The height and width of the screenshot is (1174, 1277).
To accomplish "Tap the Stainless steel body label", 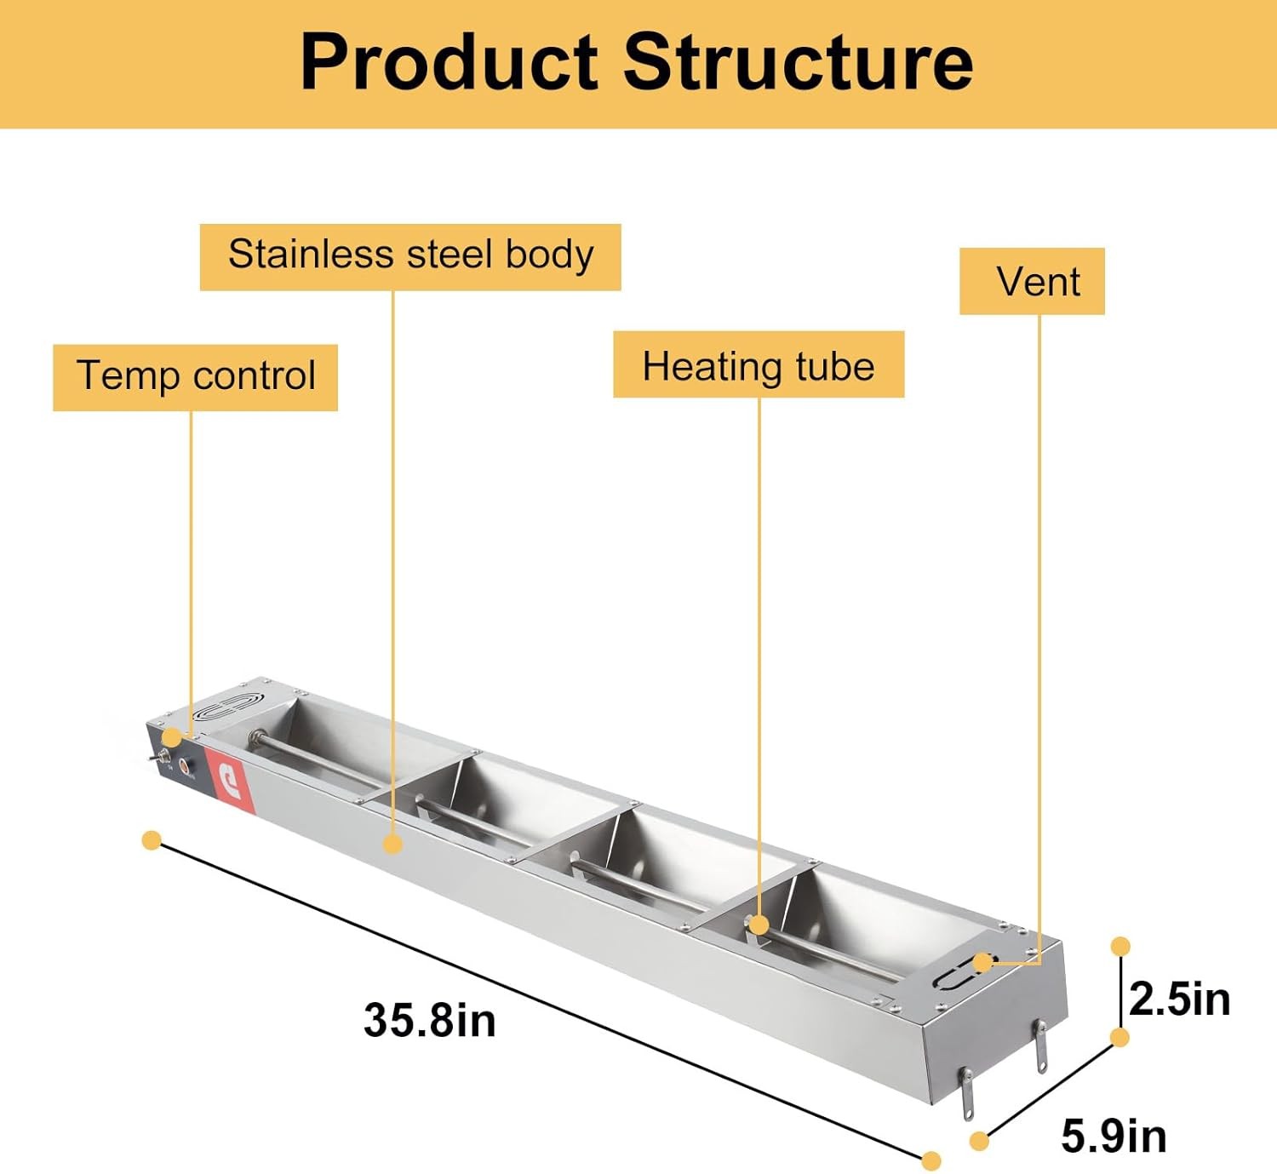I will coord(410,256).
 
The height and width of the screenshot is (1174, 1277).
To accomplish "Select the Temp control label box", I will coord(195,377).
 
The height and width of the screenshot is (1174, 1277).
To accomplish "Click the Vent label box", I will coord(1032,281).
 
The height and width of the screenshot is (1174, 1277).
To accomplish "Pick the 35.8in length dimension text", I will coord(429,1020).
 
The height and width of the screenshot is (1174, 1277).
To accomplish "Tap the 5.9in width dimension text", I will coord(1114,1136).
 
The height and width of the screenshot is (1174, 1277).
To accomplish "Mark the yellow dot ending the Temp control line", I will coord(173,737).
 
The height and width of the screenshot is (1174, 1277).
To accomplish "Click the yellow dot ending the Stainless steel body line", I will coord(392,844).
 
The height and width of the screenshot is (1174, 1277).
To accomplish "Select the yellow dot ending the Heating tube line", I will coord(759,925).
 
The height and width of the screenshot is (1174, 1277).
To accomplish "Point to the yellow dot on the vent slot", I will coord(982,963).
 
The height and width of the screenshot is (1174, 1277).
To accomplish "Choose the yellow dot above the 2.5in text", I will coord(1120,946).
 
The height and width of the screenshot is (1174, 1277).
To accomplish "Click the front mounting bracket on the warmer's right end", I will coord(967,1094).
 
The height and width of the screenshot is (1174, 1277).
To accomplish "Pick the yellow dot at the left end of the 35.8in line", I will coord(152,841).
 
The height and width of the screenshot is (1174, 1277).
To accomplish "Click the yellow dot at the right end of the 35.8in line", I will coord(931,1160).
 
